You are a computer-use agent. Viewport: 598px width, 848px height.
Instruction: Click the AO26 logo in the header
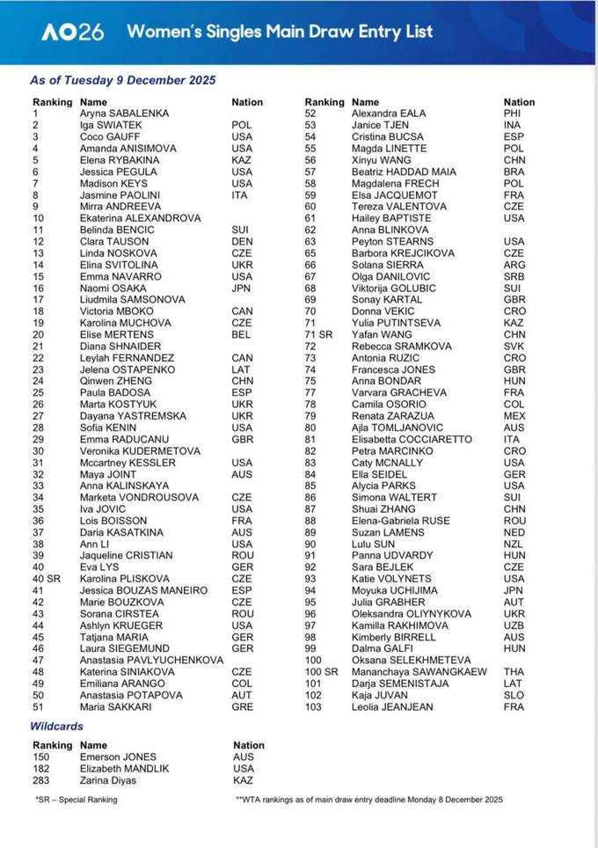click(72, 33)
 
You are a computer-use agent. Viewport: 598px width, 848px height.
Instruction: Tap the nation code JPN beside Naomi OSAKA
click(242, 289)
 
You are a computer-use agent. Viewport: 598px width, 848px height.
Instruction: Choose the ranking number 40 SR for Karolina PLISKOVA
click(47, 579)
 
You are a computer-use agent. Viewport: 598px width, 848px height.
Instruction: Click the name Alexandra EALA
click(387, 113)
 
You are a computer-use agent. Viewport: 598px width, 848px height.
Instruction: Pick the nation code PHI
click(512, 113)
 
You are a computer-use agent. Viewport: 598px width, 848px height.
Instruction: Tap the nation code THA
click(514, 672)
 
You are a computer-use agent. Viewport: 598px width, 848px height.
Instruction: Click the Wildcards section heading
click(57, 726)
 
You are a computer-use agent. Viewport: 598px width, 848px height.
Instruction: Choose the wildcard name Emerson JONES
click(118, 757)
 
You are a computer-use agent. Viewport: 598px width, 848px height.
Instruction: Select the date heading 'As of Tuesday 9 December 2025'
click(122, 80)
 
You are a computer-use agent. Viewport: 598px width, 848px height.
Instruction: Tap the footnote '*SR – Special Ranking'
click(75, 800)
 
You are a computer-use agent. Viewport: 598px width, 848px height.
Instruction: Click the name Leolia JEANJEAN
click(392, 707)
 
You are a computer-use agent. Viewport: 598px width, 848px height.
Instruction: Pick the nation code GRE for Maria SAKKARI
click(243, 707)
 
